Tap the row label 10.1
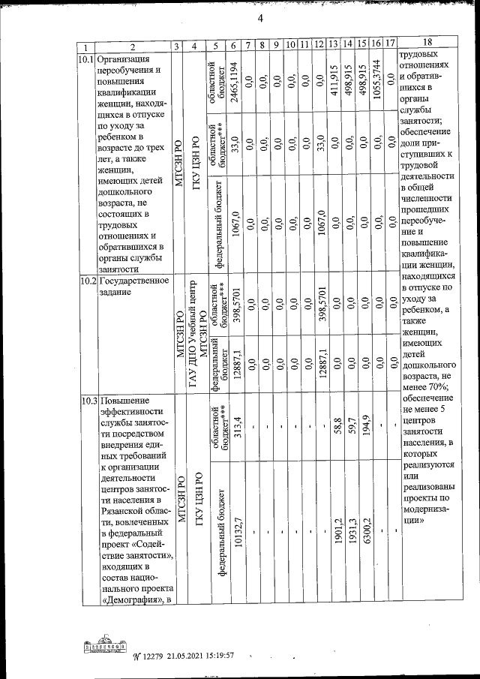[x=85, y=58]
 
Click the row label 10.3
[x=85, y=401]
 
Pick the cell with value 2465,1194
[x=235, y=80]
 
